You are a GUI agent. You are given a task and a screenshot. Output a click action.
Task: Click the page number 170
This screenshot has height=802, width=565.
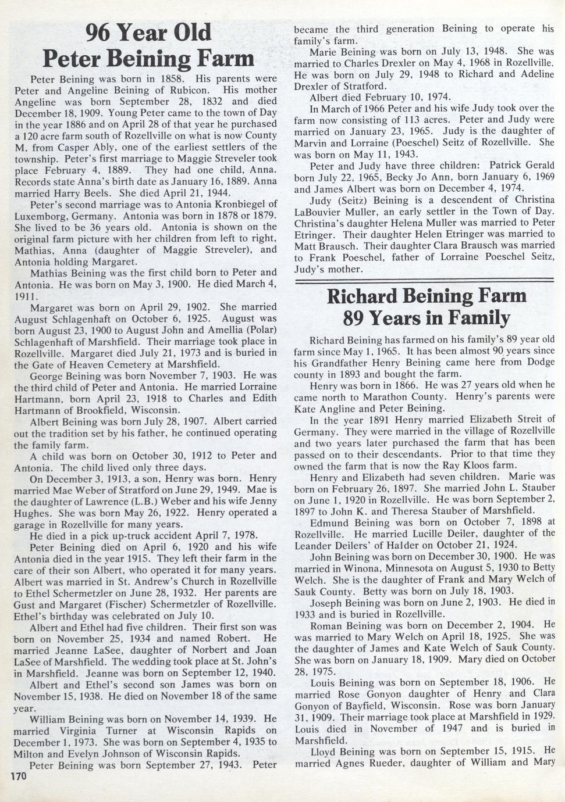click(x=19, y=776)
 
